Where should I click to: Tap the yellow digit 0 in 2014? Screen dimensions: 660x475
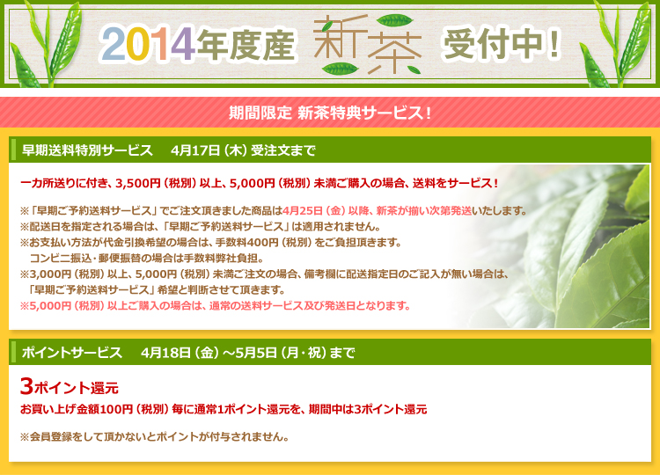click(x=136, y=45)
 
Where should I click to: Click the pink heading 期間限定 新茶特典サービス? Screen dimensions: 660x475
click(x=330, y=113)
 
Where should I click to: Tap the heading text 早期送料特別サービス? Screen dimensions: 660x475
click(x=87, y=150)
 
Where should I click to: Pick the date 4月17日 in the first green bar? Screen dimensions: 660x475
click(x=195, y=150)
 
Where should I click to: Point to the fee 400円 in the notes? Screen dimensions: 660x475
click(x=263, y=243)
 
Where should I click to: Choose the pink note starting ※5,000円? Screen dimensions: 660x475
click(x=215, y=306)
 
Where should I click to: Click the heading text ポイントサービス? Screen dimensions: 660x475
click(x=72, y=352)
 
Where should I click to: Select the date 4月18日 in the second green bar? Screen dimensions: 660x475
click(x=165, y=352)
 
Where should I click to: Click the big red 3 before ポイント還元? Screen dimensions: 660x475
click(x=26, y=386)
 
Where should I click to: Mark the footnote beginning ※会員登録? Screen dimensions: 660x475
click(x=155, y=436)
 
